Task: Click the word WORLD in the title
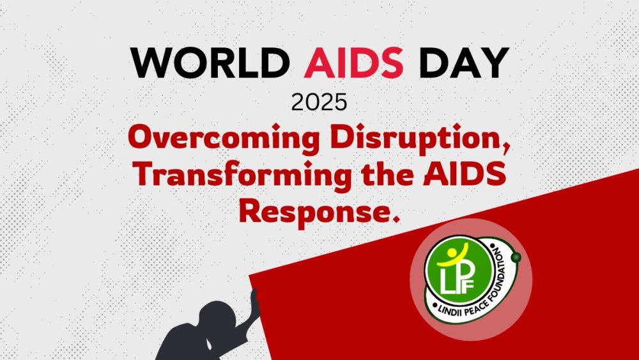tap(210, 63)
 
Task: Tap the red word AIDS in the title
tap(353, 63)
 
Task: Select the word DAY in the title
tap(464, 63)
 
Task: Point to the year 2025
tap(319, 102)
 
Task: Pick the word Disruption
tap(420, 139)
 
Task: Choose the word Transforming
tap(243, 175)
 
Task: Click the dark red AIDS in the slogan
tap(465, 175)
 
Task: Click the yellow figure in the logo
tap(452, 256)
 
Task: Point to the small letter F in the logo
tap(468, 285)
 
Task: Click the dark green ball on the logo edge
tap(516, 257)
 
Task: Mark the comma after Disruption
tap(506, 149)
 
